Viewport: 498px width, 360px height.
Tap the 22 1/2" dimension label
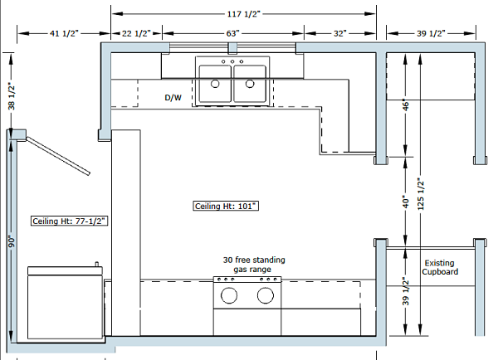pyautogui.click(x=136, y=33)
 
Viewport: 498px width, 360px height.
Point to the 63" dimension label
pyautogui.click(x=232, y=33)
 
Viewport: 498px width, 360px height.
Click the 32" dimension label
pyautogui.click(x=339, y=33)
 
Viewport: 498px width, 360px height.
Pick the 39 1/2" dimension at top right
pyautogui.click(x=430, y=33)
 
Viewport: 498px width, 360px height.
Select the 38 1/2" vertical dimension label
pyautogui.click(x=11, y=95)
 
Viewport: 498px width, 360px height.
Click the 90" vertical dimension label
pyautogui.click(x=11, y=241)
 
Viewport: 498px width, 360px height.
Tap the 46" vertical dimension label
pyautogui.click(x=406, y=106)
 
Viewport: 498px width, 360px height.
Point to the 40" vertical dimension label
pyautogui.click(x=406, y=202)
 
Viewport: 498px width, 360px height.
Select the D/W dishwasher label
pyautogui.click(x=173, y=97)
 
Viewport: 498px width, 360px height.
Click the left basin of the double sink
pyautogui.click(x=216, y=83)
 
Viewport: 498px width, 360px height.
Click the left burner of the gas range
pyautogui.click(x=230, y=294)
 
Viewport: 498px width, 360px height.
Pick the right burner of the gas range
pyautogui.click(x=266, y=294)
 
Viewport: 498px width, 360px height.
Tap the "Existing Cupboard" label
pyautogui.click(x=439, y=266)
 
